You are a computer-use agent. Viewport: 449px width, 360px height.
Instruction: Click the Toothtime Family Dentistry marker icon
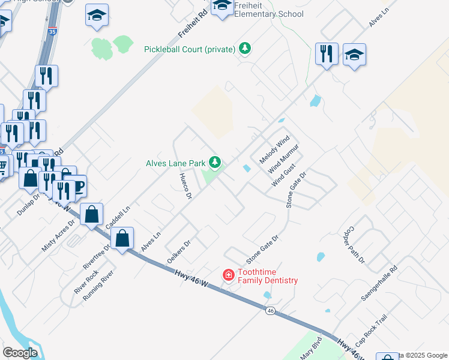pos(229,275)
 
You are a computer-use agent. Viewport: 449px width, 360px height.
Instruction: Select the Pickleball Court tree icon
pos(244,49)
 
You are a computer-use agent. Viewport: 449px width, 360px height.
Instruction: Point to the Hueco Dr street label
pos(185,187)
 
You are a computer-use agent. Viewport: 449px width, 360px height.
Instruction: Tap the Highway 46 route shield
pos(271,311)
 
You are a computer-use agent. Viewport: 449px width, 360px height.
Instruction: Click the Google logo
pos(21,353)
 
